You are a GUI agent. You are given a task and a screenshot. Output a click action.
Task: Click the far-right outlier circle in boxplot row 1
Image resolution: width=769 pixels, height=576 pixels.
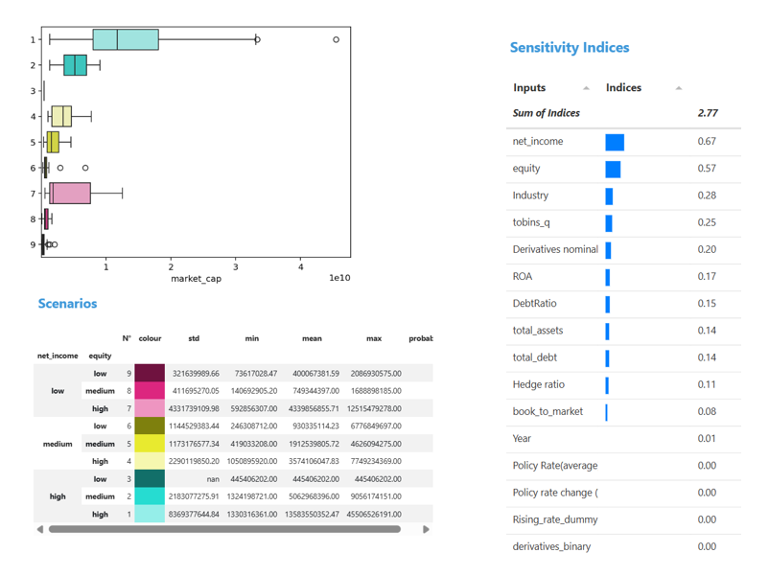tap(336, 39)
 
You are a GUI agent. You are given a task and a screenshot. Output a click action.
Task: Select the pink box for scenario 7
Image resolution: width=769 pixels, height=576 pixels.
tap(71, 194)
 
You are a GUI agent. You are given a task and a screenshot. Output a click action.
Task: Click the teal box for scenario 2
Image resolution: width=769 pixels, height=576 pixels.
tap(75, 65)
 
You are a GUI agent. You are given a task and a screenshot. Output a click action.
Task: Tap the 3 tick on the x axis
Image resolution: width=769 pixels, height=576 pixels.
tap(236, 266)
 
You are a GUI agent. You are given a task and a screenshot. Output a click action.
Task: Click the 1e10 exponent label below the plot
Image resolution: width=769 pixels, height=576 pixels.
tap(339, 279)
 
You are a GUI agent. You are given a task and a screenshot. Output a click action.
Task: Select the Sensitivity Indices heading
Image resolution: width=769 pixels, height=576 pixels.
tap(570, 47)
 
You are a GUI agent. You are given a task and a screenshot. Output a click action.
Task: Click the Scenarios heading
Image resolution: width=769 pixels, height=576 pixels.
tap(67, 304)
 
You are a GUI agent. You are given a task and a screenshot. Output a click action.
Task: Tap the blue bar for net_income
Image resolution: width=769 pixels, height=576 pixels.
tap(615, 142)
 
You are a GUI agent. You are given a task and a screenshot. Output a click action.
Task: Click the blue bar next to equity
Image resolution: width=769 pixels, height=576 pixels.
tap(613, 169)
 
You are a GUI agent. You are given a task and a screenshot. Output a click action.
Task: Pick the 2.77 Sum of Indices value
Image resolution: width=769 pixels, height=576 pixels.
tap(708, 113)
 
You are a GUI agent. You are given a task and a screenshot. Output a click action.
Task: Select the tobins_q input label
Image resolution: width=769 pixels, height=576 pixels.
tap(532, 222)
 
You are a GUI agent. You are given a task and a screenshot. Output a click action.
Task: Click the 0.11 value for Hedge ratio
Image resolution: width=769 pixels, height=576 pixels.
tap(707, 384)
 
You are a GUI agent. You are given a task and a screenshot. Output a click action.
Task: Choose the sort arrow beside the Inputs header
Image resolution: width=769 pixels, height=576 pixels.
tap(586, 88)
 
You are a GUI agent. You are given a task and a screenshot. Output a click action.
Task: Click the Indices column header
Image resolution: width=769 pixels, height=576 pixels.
tap(623, 87)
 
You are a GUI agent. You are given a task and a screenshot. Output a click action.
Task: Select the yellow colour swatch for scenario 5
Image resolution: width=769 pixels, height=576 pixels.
tap(150, 444)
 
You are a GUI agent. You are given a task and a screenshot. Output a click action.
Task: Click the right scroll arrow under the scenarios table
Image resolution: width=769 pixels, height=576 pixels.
tap(426, 529)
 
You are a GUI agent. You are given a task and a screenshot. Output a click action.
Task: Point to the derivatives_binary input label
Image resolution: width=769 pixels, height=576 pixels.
tap(551, 546)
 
